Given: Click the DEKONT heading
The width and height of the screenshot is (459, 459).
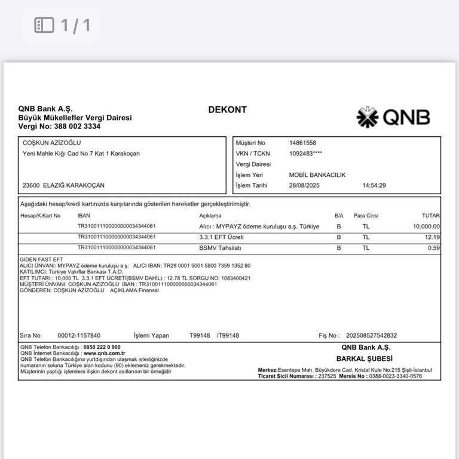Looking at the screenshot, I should tap(227, 109).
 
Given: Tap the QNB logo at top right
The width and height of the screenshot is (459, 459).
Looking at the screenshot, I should tap(393, 117).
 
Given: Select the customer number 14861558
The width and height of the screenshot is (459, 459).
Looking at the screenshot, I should tap(302, 143).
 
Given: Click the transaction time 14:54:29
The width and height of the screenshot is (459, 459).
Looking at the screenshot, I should tap(374, 185).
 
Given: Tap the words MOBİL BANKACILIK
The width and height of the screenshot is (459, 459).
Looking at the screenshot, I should tap(317, 175).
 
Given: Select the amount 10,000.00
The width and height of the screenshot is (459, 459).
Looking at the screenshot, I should tap(426, 227).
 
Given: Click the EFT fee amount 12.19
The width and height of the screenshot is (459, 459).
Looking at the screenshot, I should tap(432, 237).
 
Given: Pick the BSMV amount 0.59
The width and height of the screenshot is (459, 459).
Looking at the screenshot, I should tap(434, 247).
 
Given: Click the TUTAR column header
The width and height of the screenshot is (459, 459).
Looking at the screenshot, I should tap(431, 216).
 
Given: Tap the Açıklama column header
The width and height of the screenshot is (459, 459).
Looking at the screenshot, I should tap(210, 216).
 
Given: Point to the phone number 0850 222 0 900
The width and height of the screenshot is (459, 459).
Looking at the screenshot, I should tap(102, 347).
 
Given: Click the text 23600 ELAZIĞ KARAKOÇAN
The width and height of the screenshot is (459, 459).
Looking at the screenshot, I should tap(63, 185).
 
